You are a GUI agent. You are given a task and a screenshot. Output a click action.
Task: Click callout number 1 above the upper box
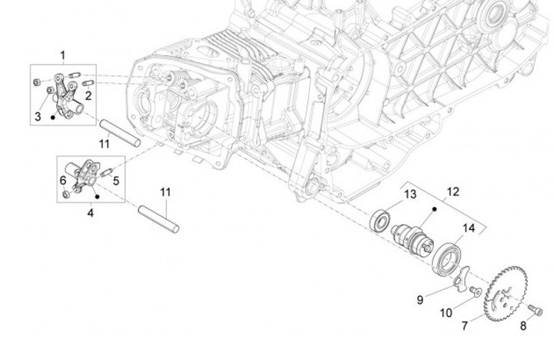(63, 55)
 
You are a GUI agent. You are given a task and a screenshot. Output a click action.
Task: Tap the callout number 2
(88, 96)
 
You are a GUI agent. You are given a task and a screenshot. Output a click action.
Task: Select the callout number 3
(37, 117)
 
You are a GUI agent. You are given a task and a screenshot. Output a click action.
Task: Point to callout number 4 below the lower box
(90, 212)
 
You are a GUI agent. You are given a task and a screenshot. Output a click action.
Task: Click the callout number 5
(115, 181)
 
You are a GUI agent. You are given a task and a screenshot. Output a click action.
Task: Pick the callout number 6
(63, 180)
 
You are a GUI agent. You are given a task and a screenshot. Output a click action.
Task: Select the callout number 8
(523, 326)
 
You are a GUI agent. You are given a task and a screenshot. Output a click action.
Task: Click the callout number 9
(420, 300)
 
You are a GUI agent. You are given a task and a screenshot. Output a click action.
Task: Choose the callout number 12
(452, 191)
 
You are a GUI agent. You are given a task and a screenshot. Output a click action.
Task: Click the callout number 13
(410, 192)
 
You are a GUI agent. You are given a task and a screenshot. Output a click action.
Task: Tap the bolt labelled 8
(536, 310)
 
